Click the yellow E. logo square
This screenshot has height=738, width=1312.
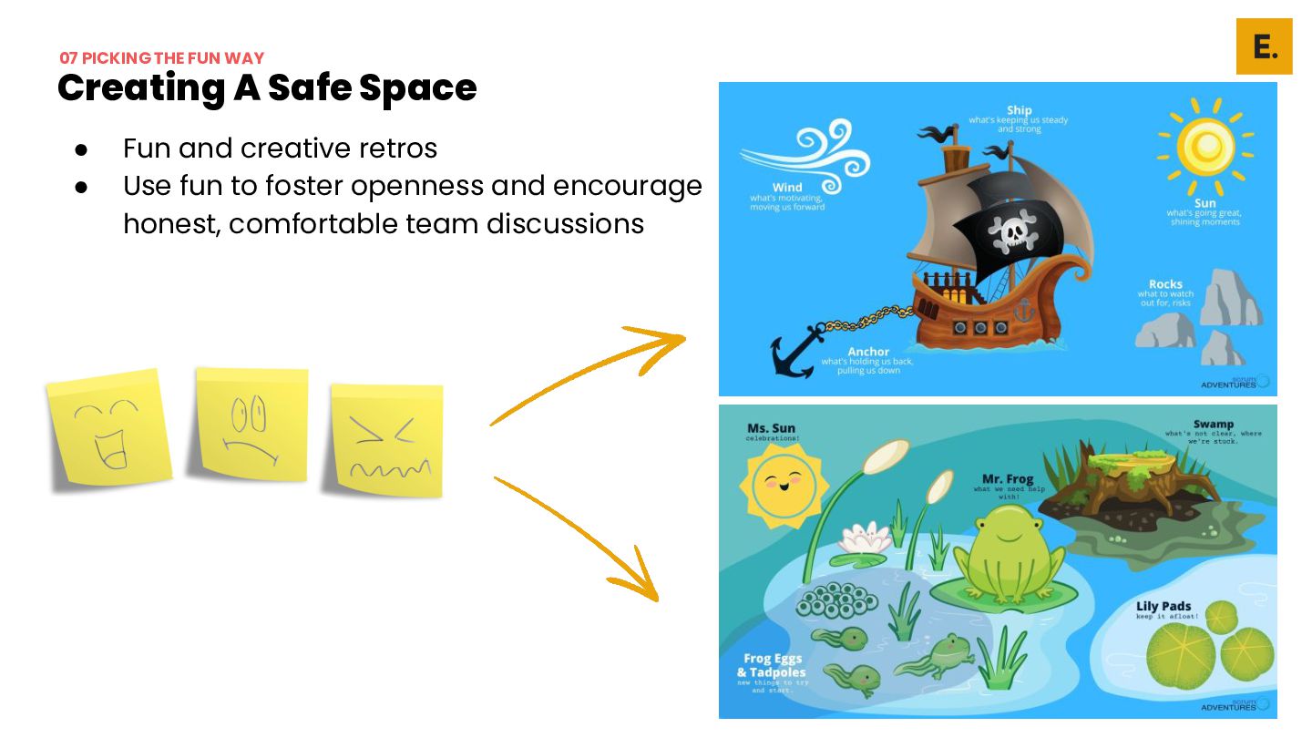point(1264,46)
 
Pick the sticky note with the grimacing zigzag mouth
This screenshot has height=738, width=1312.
point(387,439)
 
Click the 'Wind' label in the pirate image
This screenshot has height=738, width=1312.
point(787,188)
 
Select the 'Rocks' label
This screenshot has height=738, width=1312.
point(1165,284)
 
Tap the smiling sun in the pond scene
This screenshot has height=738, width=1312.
point(784,483)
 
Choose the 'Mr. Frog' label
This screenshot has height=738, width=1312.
point(1009,479)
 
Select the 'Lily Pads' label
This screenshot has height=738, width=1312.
point(1163,606)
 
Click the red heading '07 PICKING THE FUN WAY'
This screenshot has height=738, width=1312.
point(162,58)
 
